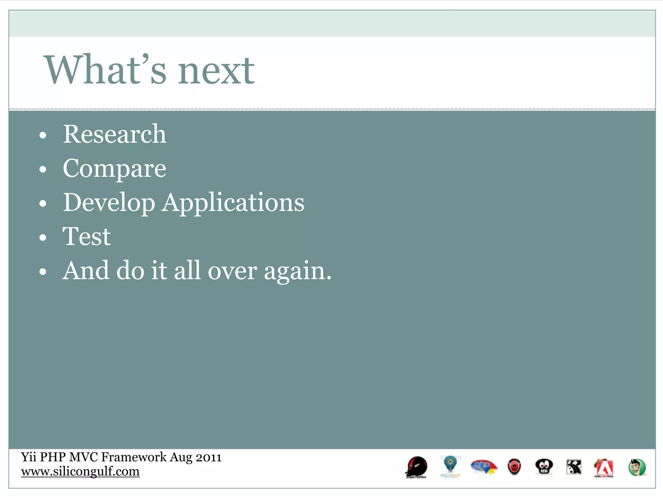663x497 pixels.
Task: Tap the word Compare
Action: coord(114,169)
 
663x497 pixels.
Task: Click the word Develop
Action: coord(109,203)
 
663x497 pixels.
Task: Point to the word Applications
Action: coord(233,203)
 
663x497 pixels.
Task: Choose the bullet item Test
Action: coord(86,237)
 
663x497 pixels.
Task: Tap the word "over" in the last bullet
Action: coord(232,271)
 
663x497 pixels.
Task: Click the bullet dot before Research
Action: coord(43,135)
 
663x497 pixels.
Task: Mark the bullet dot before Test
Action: coord(43,238)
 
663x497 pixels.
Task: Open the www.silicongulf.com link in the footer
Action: coord(80,471)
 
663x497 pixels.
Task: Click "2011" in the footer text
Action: coord(209,457)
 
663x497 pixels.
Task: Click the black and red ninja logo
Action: coord(417,467)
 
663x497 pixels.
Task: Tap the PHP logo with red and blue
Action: coord(484,467)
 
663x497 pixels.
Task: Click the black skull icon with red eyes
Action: coord(544,467)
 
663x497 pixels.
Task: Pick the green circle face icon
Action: coord(637,468)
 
